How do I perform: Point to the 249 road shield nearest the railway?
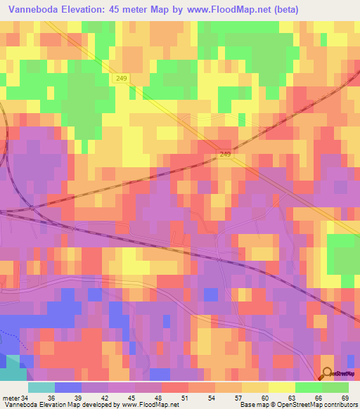tap(225, 155)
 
